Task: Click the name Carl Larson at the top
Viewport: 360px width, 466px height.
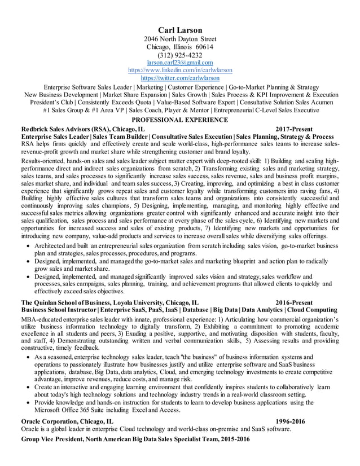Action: coord(179,30)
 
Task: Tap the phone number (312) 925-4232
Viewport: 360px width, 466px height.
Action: coord(179,55)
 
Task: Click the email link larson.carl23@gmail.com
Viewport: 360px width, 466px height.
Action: coord(179,63)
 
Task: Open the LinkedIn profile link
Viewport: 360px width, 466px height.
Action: coord(180,70)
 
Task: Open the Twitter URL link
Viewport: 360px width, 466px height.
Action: coord(180,78)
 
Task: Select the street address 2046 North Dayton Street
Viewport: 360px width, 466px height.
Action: coord(179,39)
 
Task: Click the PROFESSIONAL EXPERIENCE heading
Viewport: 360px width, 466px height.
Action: coord(179,120)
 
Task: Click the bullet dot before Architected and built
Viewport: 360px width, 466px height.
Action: coord(29,247)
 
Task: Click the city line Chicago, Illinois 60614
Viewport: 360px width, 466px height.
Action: coord(179,47)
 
